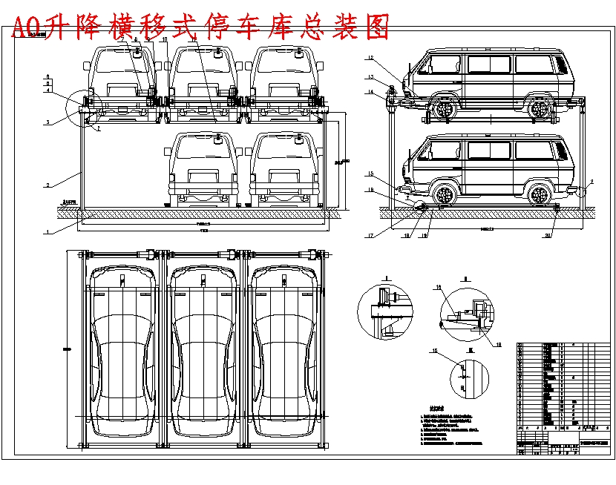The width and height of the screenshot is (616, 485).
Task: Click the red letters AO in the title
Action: click(x=27, y=27)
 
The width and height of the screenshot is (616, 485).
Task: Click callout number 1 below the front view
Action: click(x=47, y=232)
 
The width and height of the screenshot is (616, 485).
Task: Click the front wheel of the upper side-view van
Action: click(x=444, y=110)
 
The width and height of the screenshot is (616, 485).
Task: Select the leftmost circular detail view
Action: click(x=384, y=311)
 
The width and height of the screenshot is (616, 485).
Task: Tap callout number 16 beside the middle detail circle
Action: click(x=438, y=286)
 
